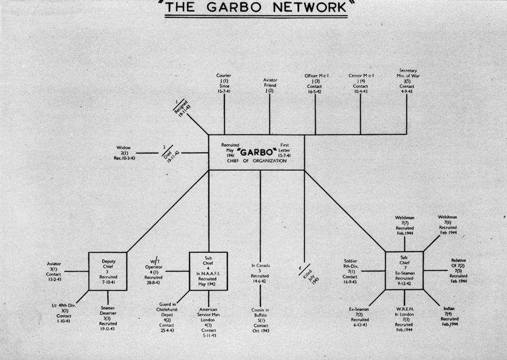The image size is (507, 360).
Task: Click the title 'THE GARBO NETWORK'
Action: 253,9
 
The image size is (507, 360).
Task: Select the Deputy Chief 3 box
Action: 108,271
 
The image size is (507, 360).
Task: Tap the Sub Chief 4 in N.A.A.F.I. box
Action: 209,271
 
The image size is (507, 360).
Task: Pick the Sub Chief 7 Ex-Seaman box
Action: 404,271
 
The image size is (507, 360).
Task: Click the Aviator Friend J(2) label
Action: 270,86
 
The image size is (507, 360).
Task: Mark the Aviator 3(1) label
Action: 54,271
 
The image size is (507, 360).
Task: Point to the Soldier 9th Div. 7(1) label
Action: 350,271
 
